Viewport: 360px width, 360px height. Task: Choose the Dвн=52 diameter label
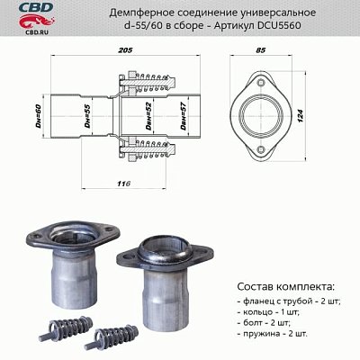point(147,117)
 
